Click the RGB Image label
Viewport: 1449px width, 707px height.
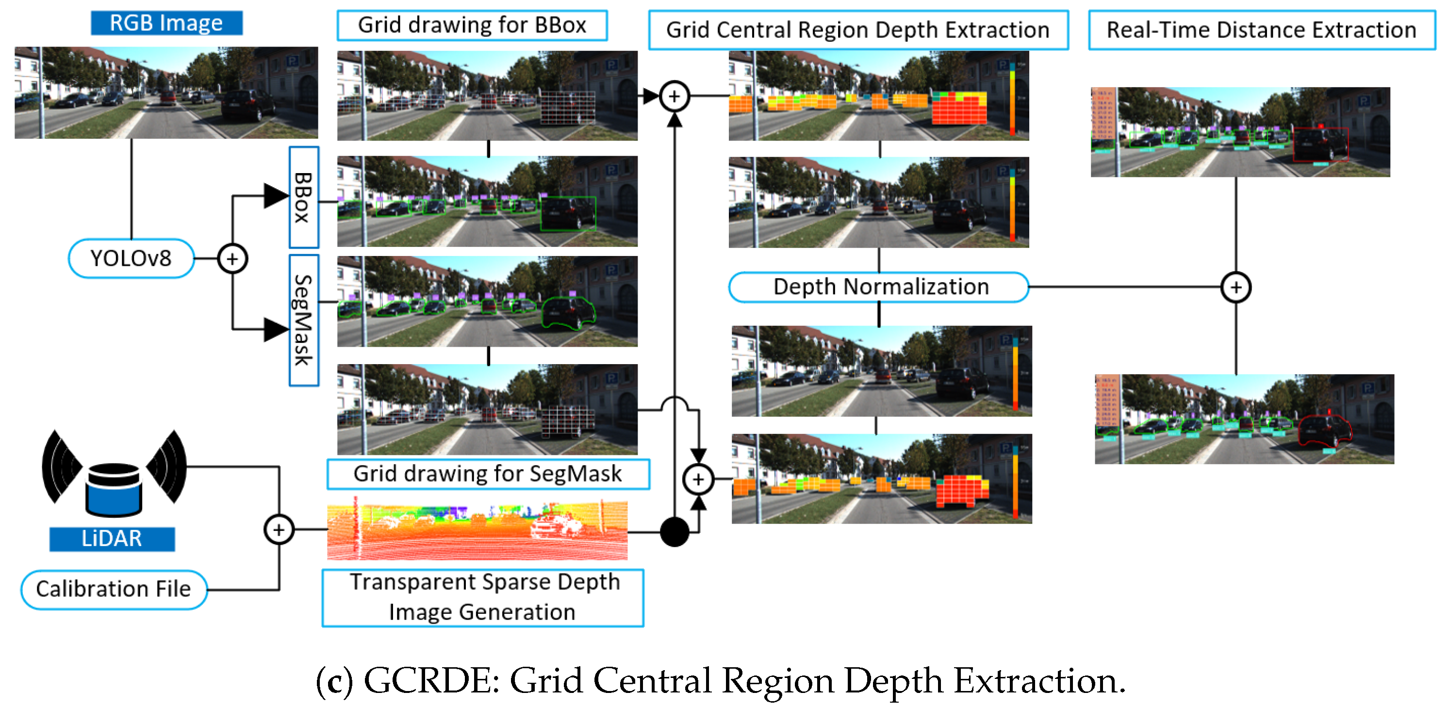point(166,23)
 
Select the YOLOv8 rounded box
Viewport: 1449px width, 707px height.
point(131,258)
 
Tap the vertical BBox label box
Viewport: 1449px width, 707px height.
point(304,197)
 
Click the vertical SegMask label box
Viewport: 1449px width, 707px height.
point(304,321)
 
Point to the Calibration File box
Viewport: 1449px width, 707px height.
point(114,589)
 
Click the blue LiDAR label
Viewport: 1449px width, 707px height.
point(112,538)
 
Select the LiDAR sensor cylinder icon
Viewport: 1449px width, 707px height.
point(114,489)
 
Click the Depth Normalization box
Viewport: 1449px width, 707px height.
point(879,287)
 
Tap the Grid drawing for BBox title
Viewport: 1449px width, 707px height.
point(472,25)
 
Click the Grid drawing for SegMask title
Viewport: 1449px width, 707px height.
point(488,474)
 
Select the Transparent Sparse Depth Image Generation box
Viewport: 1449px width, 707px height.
point(483,597)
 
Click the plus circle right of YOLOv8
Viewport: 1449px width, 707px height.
point(232,258)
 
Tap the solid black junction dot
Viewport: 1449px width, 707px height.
point(674,531)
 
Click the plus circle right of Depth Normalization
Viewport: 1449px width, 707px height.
point(1235,288)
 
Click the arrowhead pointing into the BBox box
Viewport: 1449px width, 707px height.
point(276,195)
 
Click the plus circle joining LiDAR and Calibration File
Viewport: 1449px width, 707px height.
point(279,530)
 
